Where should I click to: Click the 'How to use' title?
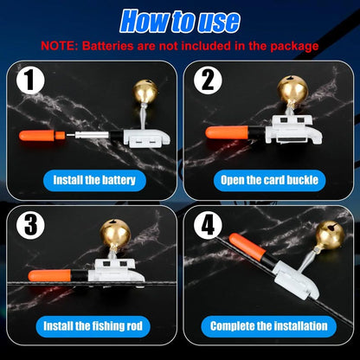pyautogui.click(x=179, y=19)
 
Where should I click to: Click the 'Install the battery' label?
pyautogui.click(x=93, y=181)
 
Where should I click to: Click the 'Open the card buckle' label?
pyautogui.click(x=269, y=181)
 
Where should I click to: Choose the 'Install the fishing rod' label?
pyautogui.click(x=93, y=326)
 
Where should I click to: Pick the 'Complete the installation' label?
pyautogui.click(x=269, y=326)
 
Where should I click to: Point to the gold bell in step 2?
pyautogui.click(x=292, y=88)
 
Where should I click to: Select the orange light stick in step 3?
pyautogui.click(x=49, y=275)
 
